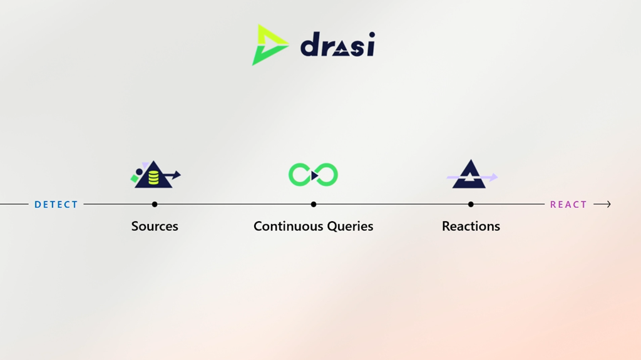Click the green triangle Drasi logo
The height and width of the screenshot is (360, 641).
pos(269,45)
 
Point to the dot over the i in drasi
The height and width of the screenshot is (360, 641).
pos(372,35)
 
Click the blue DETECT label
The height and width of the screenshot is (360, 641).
pos(56,205)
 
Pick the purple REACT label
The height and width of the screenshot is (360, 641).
pos(568,205)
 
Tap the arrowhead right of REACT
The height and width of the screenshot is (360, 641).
pos(608,204)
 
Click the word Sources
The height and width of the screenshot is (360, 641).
pos(155,226)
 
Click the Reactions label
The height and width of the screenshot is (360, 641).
pos(471,226)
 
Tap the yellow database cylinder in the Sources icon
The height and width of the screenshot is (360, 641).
pos(154,178)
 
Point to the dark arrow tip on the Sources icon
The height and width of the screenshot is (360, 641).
pos(177,175)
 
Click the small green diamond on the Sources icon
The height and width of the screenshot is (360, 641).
pos(135,178)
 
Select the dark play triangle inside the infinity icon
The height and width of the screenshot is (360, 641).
pos(314,175)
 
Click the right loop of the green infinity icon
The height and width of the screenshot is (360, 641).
pos(327,175)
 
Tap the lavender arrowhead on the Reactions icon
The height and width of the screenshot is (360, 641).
pos(494,177)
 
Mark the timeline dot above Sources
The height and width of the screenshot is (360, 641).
pos(155,204)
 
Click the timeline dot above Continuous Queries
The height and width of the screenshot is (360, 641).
pos(314,204)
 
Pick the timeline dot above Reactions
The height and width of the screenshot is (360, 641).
pos(471,204)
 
